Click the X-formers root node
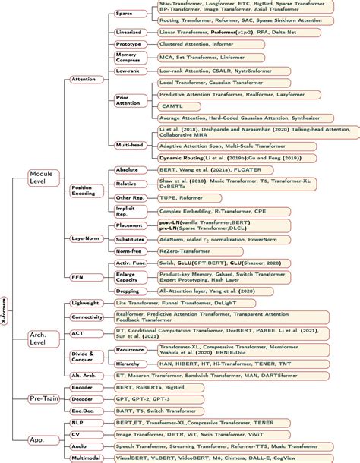tap(6, 310)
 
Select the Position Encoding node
tap(82, 191)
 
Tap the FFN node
tap(77, 277)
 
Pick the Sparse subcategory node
tap(124, 14)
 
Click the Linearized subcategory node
tap(127, 33)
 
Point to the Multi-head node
tap(127, 143)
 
